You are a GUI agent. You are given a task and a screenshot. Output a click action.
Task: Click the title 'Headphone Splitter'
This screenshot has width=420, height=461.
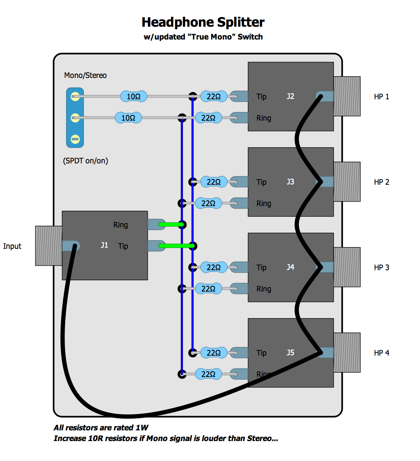pos(203,22)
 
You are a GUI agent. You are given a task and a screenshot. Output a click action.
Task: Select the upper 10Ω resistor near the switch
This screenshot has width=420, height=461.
pos(134,96)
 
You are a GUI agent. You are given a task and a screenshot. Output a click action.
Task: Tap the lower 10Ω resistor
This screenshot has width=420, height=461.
pos(128,118)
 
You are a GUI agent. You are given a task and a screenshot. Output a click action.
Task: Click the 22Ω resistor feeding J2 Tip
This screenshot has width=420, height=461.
pos(214,96)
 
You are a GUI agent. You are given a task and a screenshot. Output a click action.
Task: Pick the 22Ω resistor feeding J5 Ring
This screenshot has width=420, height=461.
pos(208,374)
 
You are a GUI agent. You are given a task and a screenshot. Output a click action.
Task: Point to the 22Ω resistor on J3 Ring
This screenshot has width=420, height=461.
pos(208,203)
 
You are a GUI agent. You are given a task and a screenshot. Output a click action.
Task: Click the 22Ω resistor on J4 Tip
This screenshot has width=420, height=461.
pos(214,267)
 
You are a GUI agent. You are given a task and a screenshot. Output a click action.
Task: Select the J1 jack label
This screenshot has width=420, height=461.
pos(104,245)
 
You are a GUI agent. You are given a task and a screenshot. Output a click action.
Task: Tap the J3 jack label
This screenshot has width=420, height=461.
pos(290,182)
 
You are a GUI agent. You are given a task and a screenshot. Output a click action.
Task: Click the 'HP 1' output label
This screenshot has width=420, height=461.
pos(382,96)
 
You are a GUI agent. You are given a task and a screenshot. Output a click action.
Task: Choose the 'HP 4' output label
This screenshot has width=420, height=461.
pos(382,353)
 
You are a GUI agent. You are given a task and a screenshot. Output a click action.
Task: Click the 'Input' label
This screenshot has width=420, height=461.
pos(12,246)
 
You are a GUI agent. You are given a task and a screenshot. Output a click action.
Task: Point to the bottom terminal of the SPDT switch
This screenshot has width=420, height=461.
pos(75,139)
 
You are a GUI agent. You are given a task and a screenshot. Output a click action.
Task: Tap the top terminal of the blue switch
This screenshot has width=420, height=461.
pos(75,96)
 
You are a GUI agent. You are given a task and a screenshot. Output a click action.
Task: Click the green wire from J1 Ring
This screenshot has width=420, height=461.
pos(171,224)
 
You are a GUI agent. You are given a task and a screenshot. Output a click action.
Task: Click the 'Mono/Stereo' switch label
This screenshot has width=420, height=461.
pos(85,75)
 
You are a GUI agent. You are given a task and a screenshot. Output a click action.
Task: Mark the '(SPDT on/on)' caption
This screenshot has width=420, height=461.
pos(85,161)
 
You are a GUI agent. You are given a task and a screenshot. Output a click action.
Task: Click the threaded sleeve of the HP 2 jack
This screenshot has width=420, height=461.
pos(347,182)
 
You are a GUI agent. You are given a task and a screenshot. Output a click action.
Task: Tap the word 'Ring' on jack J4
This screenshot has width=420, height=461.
pos(264,289)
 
